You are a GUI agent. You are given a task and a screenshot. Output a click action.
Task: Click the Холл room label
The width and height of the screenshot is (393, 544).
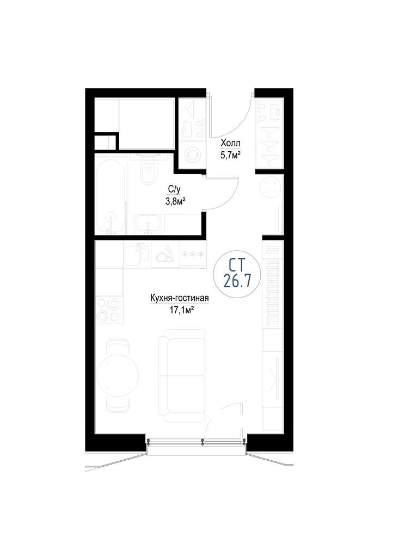coord(231,143)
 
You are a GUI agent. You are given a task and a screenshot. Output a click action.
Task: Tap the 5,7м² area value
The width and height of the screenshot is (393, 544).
coord(231,156)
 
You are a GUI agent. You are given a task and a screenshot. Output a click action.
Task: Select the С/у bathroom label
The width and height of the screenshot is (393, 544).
coord(174,189)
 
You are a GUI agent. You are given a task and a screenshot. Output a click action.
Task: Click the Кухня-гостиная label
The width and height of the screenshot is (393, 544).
coord(179,298)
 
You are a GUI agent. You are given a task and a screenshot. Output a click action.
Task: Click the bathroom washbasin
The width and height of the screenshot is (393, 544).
coord(148,224)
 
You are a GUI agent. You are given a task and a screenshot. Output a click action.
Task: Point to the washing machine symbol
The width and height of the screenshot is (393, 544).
coord(192,155)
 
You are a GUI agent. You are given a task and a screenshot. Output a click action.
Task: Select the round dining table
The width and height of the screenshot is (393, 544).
coord(118,375)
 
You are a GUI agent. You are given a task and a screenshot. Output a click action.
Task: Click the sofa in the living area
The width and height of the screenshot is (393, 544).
coord(182,376)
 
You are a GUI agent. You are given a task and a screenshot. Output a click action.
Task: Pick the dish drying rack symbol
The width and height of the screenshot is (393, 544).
coord(165,255)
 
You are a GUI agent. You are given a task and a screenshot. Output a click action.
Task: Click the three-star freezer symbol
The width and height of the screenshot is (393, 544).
coord(192,255)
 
